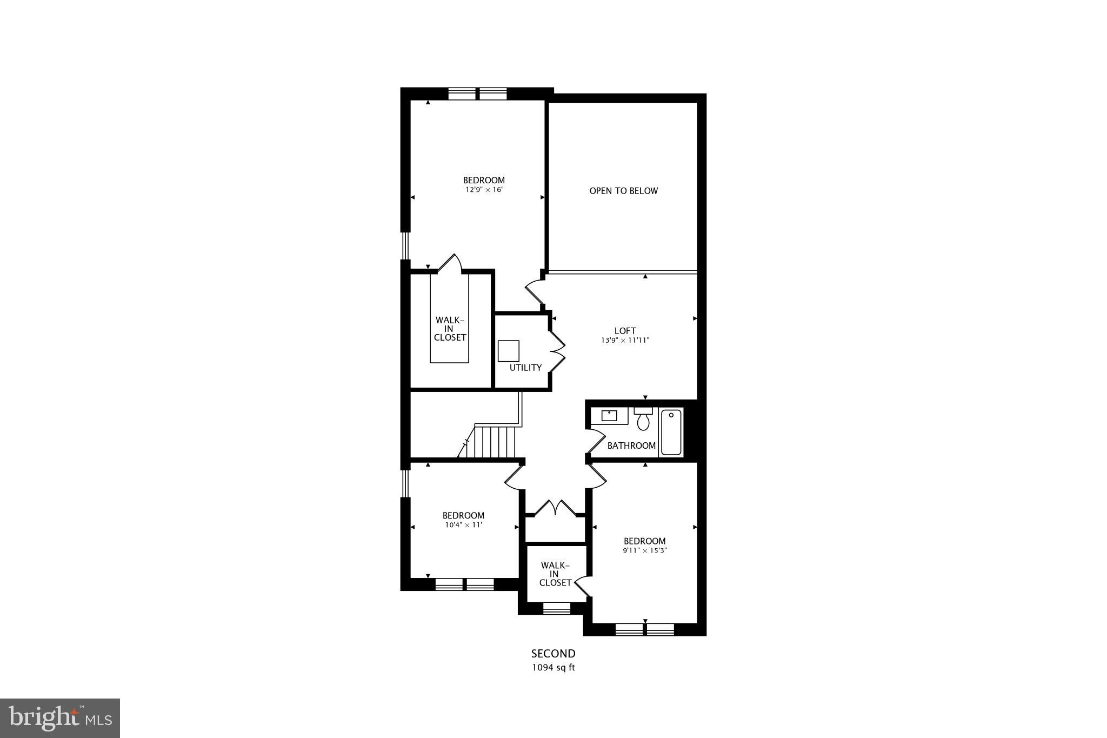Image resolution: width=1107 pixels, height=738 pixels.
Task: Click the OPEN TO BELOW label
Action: point(623,191)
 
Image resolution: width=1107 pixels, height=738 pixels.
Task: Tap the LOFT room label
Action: point(625,330)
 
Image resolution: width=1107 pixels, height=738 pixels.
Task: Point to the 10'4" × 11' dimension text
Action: point(463,524)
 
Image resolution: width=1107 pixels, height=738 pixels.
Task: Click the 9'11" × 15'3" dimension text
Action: point(644,550)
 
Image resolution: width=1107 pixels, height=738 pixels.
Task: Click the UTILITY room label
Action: point(525,368)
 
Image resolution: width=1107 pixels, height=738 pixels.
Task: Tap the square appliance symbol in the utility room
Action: point(508,351)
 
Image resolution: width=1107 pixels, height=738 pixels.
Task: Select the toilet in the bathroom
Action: point(643,420)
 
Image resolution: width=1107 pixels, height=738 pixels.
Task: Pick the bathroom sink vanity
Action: point(610,416)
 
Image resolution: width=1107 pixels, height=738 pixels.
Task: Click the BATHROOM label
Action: point(631,446)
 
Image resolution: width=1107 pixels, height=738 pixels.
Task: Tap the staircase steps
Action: point(495,442)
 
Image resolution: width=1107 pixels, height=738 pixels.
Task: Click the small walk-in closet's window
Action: point(556,609)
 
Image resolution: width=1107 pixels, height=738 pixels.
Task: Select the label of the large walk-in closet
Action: point(450,329)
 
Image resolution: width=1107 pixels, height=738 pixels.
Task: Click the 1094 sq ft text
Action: point(553,667)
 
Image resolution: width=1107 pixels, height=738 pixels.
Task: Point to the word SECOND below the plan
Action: point(553,654)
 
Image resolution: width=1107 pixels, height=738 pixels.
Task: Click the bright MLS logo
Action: point(60,718)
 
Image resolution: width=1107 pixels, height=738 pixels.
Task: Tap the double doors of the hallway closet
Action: point(555,508)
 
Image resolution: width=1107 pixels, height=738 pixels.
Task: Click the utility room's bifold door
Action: point(557,350)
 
